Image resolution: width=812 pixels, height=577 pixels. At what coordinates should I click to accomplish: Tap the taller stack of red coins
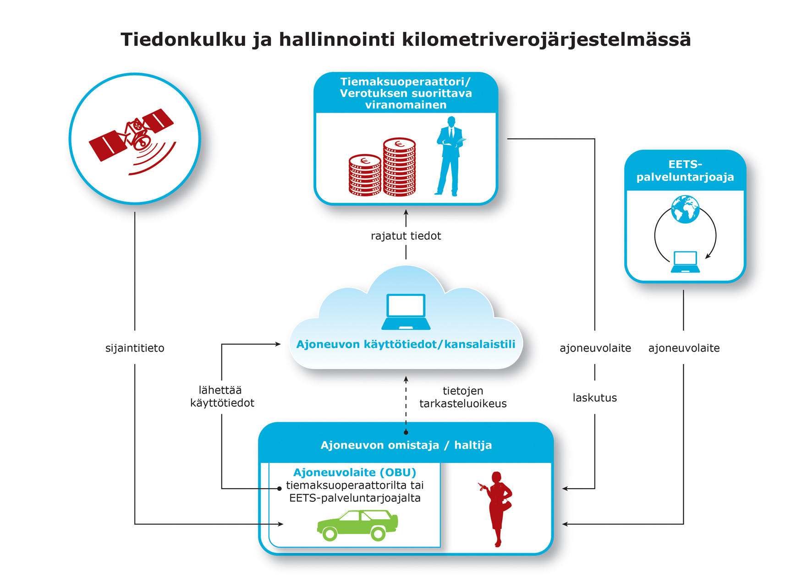[x=399, y=167]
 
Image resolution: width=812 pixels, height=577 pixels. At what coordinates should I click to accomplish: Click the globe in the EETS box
[x=685, y=209]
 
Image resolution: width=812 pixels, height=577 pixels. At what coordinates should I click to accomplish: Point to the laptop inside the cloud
[x=406, y=312]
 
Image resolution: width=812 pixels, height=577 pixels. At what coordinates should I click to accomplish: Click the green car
[x=357, y=525]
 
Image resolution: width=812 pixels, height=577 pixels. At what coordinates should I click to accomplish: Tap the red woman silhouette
[x=498, y=508]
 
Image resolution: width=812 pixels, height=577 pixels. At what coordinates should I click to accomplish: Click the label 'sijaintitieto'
[x=135, y=348]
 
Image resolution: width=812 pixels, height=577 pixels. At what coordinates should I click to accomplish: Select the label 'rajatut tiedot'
[x=406, y=236]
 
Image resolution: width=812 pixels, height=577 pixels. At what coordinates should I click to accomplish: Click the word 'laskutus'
[x=594, y=397]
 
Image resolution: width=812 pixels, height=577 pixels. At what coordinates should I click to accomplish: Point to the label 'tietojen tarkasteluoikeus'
[x=463, y=397]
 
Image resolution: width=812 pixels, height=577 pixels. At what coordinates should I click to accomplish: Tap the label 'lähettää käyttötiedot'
[x=222, y=397]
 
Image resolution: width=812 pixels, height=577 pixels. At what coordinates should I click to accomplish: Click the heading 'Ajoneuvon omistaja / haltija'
[x=406, y=445]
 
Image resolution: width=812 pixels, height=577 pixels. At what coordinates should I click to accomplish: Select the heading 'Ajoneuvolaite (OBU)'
[x=355, y=472]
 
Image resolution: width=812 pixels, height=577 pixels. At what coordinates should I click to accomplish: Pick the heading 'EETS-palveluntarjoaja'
[x=685, y=171]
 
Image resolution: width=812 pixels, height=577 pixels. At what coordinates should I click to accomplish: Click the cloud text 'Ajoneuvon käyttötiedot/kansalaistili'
[x=406, y=344]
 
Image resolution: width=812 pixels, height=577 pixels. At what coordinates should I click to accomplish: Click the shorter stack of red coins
[x=365, y=175]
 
